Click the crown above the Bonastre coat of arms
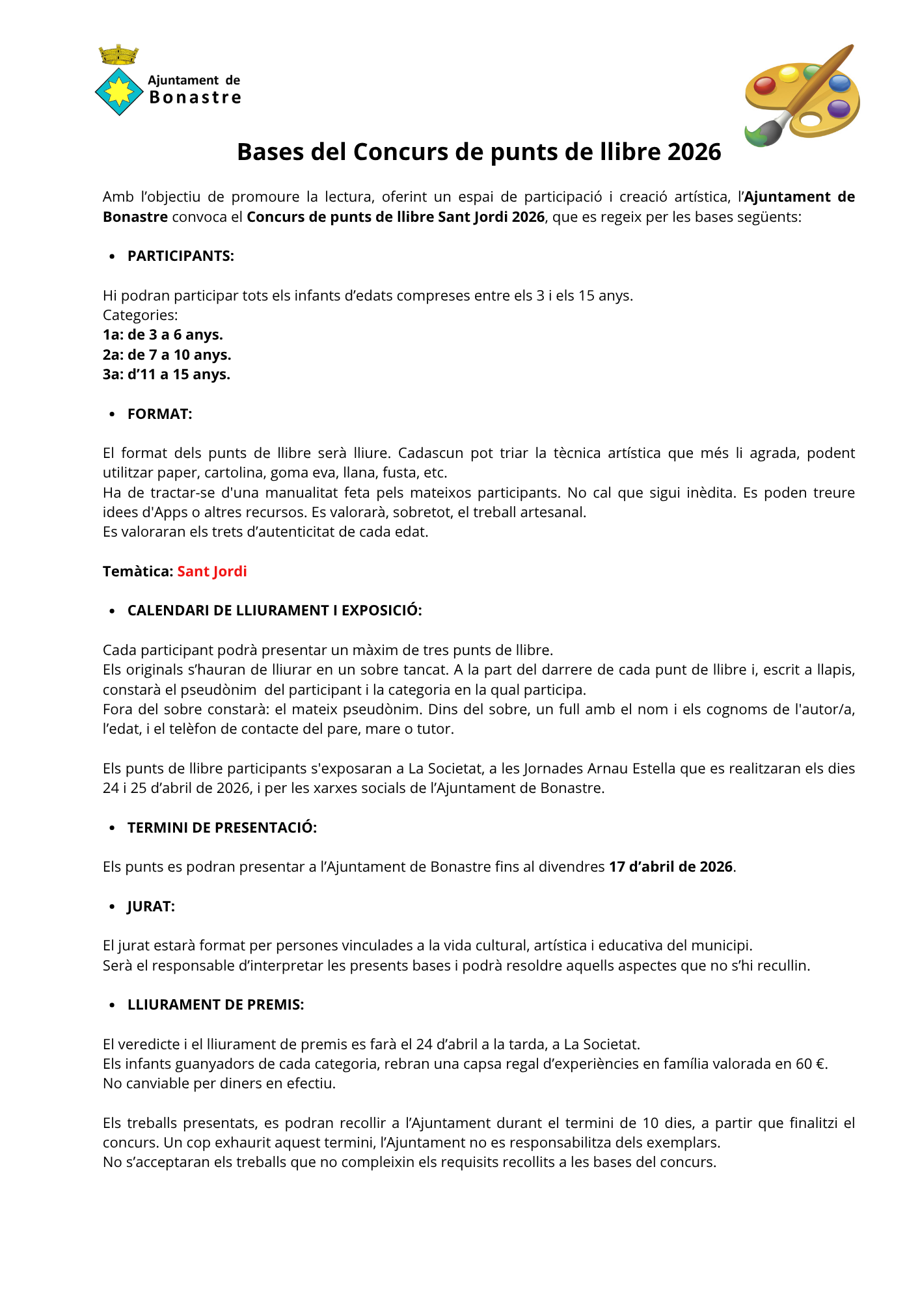point(118,55)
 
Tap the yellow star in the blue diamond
point(119,92)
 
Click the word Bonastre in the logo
point(195,98)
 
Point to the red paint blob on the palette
point(764,85)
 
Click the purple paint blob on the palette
point(839,107)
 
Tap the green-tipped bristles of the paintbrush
point(757,136)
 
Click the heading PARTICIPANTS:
point(181,256)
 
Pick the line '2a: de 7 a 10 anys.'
point(167,355)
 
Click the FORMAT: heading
point(160,414)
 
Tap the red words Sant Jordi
point(212,572)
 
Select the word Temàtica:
point(138,572)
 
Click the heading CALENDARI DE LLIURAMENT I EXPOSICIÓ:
point(275,611)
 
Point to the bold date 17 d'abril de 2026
point(671,867)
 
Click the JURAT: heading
point(151,907)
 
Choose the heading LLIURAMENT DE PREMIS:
point(216,1005)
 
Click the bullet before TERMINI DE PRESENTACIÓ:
point(113,829)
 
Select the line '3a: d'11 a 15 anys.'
point(167,375)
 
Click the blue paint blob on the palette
point(839,83)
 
